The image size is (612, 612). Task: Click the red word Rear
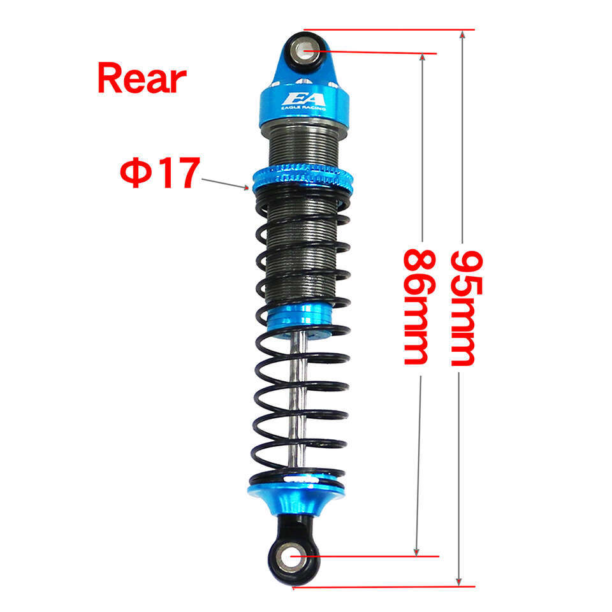click(x=142, y=78)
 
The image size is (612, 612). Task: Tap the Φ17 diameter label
click(x=160, y=173)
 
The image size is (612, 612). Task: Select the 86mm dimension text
click(x=419, y=307)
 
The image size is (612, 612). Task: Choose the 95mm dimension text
click(x=467, y=309)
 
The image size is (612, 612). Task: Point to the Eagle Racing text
click(x=303, y=108)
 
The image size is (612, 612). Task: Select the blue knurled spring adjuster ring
click(x=303, y=178)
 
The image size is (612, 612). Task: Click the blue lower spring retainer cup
click(x=296, y=497)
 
